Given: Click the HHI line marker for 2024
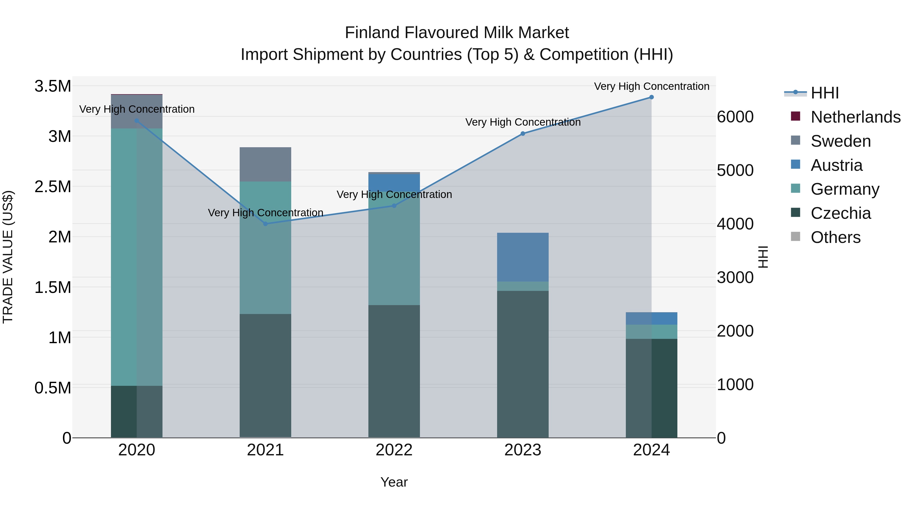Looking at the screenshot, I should tap(651, 97).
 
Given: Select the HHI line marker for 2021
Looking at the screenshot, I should tap(265, 224).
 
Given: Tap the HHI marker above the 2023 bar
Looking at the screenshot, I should tap(523, 134).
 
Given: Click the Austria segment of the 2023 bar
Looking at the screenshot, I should tap(523, 257).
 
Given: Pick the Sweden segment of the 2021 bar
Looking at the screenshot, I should tap(265, 164).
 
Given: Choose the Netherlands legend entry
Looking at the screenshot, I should tap(855, 117).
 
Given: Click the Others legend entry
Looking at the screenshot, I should tap(836, 237).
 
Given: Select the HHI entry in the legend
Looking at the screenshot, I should tap(825, 93).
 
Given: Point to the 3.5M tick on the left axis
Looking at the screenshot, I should tap(53, 86).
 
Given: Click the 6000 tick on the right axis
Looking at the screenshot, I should tap(735, 117).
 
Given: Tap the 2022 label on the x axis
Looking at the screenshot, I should tap(394, 450).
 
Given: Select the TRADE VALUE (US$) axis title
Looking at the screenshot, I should tap(8, 257).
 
